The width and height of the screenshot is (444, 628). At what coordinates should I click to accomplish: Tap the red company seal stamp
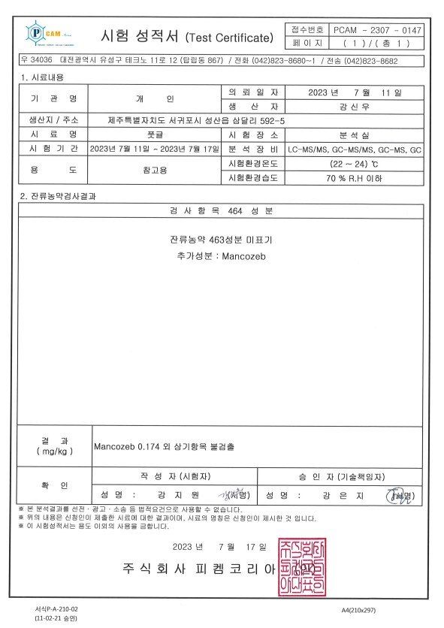tap(304, 567)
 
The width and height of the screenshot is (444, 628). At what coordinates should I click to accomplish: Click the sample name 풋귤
tap(155, 134)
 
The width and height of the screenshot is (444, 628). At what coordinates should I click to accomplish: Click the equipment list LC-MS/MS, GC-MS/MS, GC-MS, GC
tap(359, 149)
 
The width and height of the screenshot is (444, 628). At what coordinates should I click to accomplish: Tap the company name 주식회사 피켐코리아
tap(199, 569)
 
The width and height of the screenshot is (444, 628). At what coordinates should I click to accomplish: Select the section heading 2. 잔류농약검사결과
tap(58, 196)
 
